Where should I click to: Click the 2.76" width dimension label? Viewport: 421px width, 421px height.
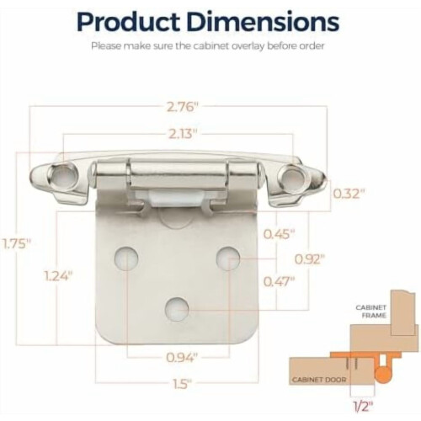click(x=183, y=107)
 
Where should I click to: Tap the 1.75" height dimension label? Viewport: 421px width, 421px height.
click(x=16, y=243)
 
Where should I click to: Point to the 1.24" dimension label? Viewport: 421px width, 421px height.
click(x=59, y=277)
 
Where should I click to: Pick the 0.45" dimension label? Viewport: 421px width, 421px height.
click(x=280, y=234)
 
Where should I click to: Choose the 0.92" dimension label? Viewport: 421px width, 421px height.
click(x=310, y=259)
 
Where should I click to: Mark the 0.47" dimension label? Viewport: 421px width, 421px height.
click(x=280, y=281)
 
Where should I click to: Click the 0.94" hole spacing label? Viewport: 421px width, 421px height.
click(x=182, y=358)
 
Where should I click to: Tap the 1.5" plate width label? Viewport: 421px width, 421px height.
click(x=182, y=384)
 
